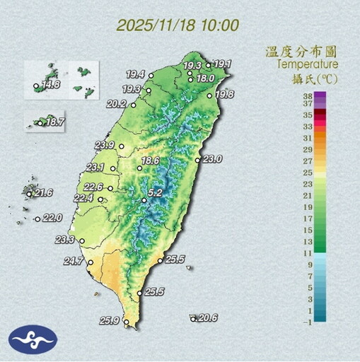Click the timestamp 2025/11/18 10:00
point(178,25)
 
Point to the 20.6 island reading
point(207,318)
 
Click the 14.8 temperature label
point(50,85)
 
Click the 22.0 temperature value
point(53,218)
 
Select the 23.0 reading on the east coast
point(212,159)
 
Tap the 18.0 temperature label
point(205,78)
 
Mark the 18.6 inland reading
point(150,160)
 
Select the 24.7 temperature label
point(74,262)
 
